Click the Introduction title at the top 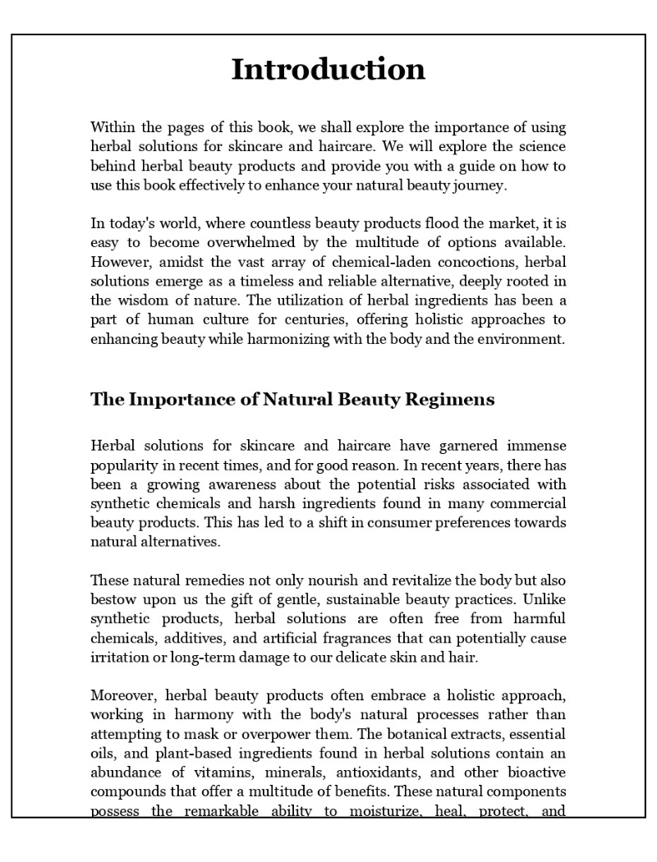(x=328, y=69)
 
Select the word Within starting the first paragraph (x=111, y=127)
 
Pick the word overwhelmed (x=264, y=242)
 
